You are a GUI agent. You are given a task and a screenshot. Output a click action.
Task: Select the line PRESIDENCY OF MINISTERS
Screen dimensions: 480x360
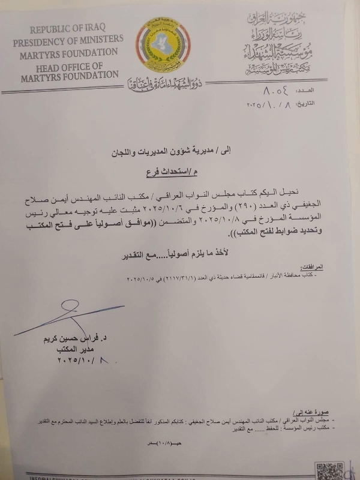pyautogui.click(x=68, y=41)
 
